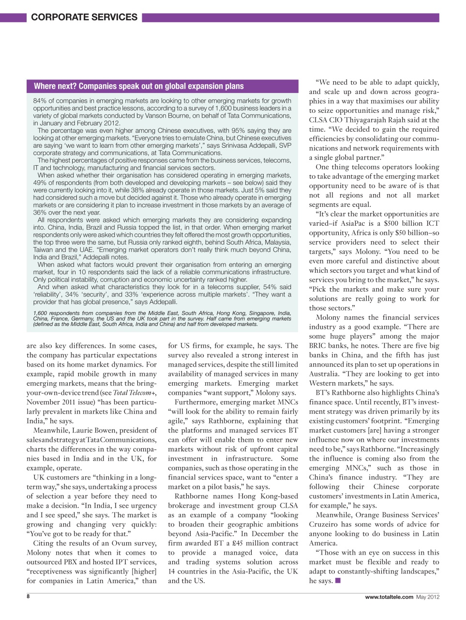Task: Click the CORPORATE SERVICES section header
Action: [x=84, y=17]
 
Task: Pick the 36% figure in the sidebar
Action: [x=40, y=212]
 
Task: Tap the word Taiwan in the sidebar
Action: [x=44, y=250]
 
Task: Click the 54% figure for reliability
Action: [x=271, y=287]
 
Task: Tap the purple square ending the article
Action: [x=338, y=581]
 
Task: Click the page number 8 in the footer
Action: [x=28, y=597]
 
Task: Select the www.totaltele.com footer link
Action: [x=389, y=597]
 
